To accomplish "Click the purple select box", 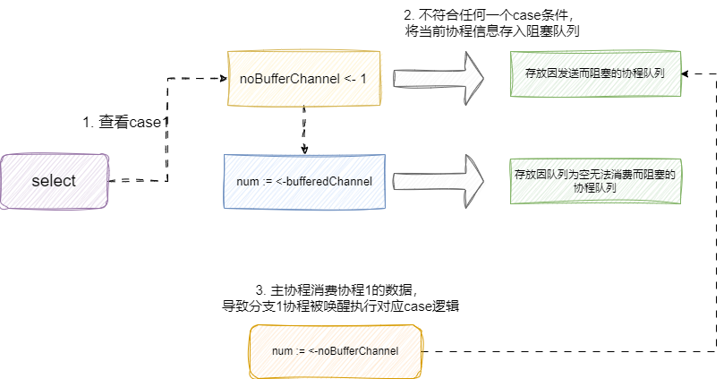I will tap(55, 180).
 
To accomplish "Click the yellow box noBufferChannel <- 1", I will tap(304, 79).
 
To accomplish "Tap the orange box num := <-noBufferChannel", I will tap(335, 350).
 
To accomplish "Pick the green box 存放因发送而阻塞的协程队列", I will tap(594, 73).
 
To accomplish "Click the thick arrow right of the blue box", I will tap(439, 180).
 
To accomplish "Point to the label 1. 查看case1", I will tap(124, 123).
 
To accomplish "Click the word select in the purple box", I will tap(54, 180).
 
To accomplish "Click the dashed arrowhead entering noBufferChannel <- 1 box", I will tap(224, 79).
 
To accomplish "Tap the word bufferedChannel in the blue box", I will tap(328, 183).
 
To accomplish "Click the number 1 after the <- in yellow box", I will tap(363, 79).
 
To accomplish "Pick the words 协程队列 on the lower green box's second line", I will tap(595, 189).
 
